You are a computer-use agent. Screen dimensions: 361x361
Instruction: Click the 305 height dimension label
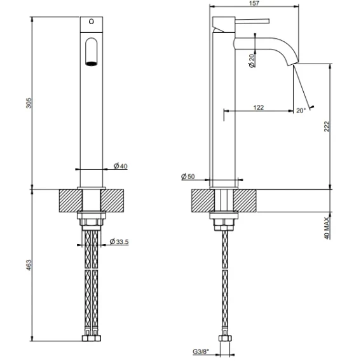(x=29, y=103)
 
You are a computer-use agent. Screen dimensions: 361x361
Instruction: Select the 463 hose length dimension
(x=29, y=265)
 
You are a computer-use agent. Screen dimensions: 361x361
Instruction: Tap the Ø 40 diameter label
(x=120, y=166)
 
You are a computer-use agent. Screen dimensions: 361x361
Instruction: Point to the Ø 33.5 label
(x=119, y=242)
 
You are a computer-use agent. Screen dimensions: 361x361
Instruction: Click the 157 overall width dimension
(x=254, y=3)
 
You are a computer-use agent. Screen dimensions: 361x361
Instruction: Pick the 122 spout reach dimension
(x=259, y=107)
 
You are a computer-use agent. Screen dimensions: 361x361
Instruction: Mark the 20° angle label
(x=301, y=111)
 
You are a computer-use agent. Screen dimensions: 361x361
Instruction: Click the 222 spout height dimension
(x=327, y=126)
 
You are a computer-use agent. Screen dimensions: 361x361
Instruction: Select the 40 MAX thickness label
(x=327, y=228)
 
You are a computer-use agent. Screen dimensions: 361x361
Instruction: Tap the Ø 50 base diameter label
(x=188, y=176)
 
